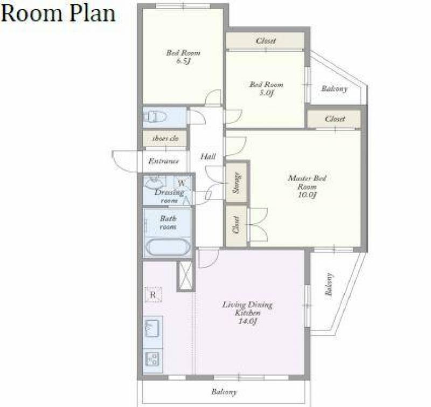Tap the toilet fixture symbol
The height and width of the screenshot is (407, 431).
pos(155,117)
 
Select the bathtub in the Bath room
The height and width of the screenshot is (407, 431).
pos(168,247)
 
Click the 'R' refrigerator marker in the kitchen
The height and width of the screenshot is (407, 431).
pos(153,295)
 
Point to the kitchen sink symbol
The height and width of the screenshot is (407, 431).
pos(152,328)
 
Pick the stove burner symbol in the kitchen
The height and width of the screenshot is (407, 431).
pos(152,359)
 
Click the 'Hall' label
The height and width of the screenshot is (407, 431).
pos(208,157)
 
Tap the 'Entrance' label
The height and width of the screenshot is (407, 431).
pos(164,161)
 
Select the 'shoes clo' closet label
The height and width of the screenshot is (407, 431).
pos(165,139)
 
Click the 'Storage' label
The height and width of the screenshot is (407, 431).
pos(237,183)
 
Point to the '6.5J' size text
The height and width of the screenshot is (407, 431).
pos(183,61)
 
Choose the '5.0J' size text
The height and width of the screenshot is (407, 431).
pos(266,93)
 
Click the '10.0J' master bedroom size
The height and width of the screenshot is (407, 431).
pos(307,195)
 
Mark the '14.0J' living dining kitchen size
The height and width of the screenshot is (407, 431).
pos(247,321)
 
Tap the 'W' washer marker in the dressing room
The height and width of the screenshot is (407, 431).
pos(182,183)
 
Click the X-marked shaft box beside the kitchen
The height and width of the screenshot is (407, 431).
pos(185,275)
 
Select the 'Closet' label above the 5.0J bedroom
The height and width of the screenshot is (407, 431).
pos(266,41)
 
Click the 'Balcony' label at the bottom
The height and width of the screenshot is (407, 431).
pos(224,391)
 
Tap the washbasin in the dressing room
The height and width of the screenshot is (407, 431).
pos(155,182)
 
